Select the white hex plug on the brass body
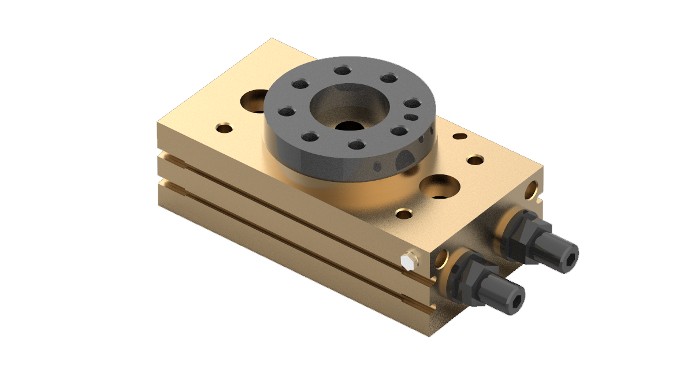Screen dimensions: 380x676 406,262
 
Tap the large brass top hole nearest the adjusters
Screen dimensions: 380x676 440,187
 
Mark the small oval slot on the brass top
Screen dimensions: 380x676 460,136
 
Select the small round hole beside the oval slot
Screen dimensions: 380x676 476,159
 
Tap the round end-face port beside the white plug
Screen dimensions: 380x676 442,258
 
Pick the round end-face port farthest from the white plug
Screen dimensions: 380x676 532,188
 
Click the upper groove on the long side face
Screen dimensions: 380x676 289,200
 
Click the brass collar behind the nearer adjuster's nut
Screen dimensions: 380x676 456,271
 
